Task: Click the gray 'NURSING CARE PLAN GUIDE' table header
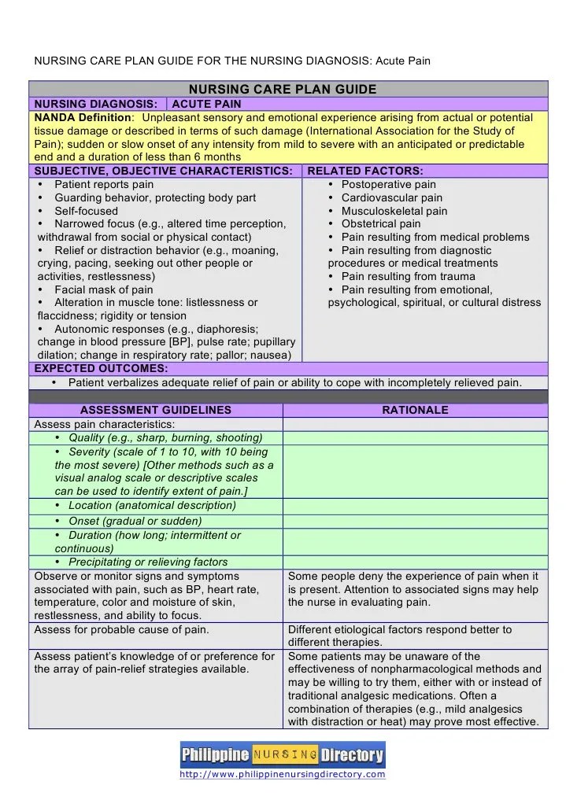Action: tap(287, 89)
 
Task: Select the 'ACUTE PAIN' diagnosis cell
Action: tap(206, 104)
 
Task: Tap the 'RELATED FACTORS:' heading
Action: tap(364, 171)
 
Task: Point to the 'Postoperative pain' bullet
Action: tap(388, 185)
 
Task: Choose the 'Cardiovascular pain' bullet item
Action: tap(391, 198)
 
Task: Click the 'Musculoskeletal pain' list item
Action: tap(394, 211)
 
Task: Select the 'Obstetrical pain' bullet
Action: tap(381, 224)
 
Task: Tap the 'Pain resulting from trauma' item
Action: tap(408, 276)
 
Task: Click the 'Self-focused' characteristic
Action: tap(86, 211)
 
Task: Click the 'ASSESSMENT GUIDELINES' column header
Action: tap(156, 410)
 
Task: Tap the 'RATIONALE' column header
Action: tap(415, 410)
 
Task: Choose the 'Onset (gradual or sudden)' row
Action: tap(135, 521)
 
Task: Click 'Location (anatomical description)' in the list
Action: tap(151, 506)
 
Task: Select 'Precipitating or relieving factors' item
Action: tap(148, 562)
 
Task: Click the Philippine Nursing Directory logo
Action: tap(283, 756)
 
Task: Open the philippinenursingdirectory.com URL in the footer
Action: tap(283, 775)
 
